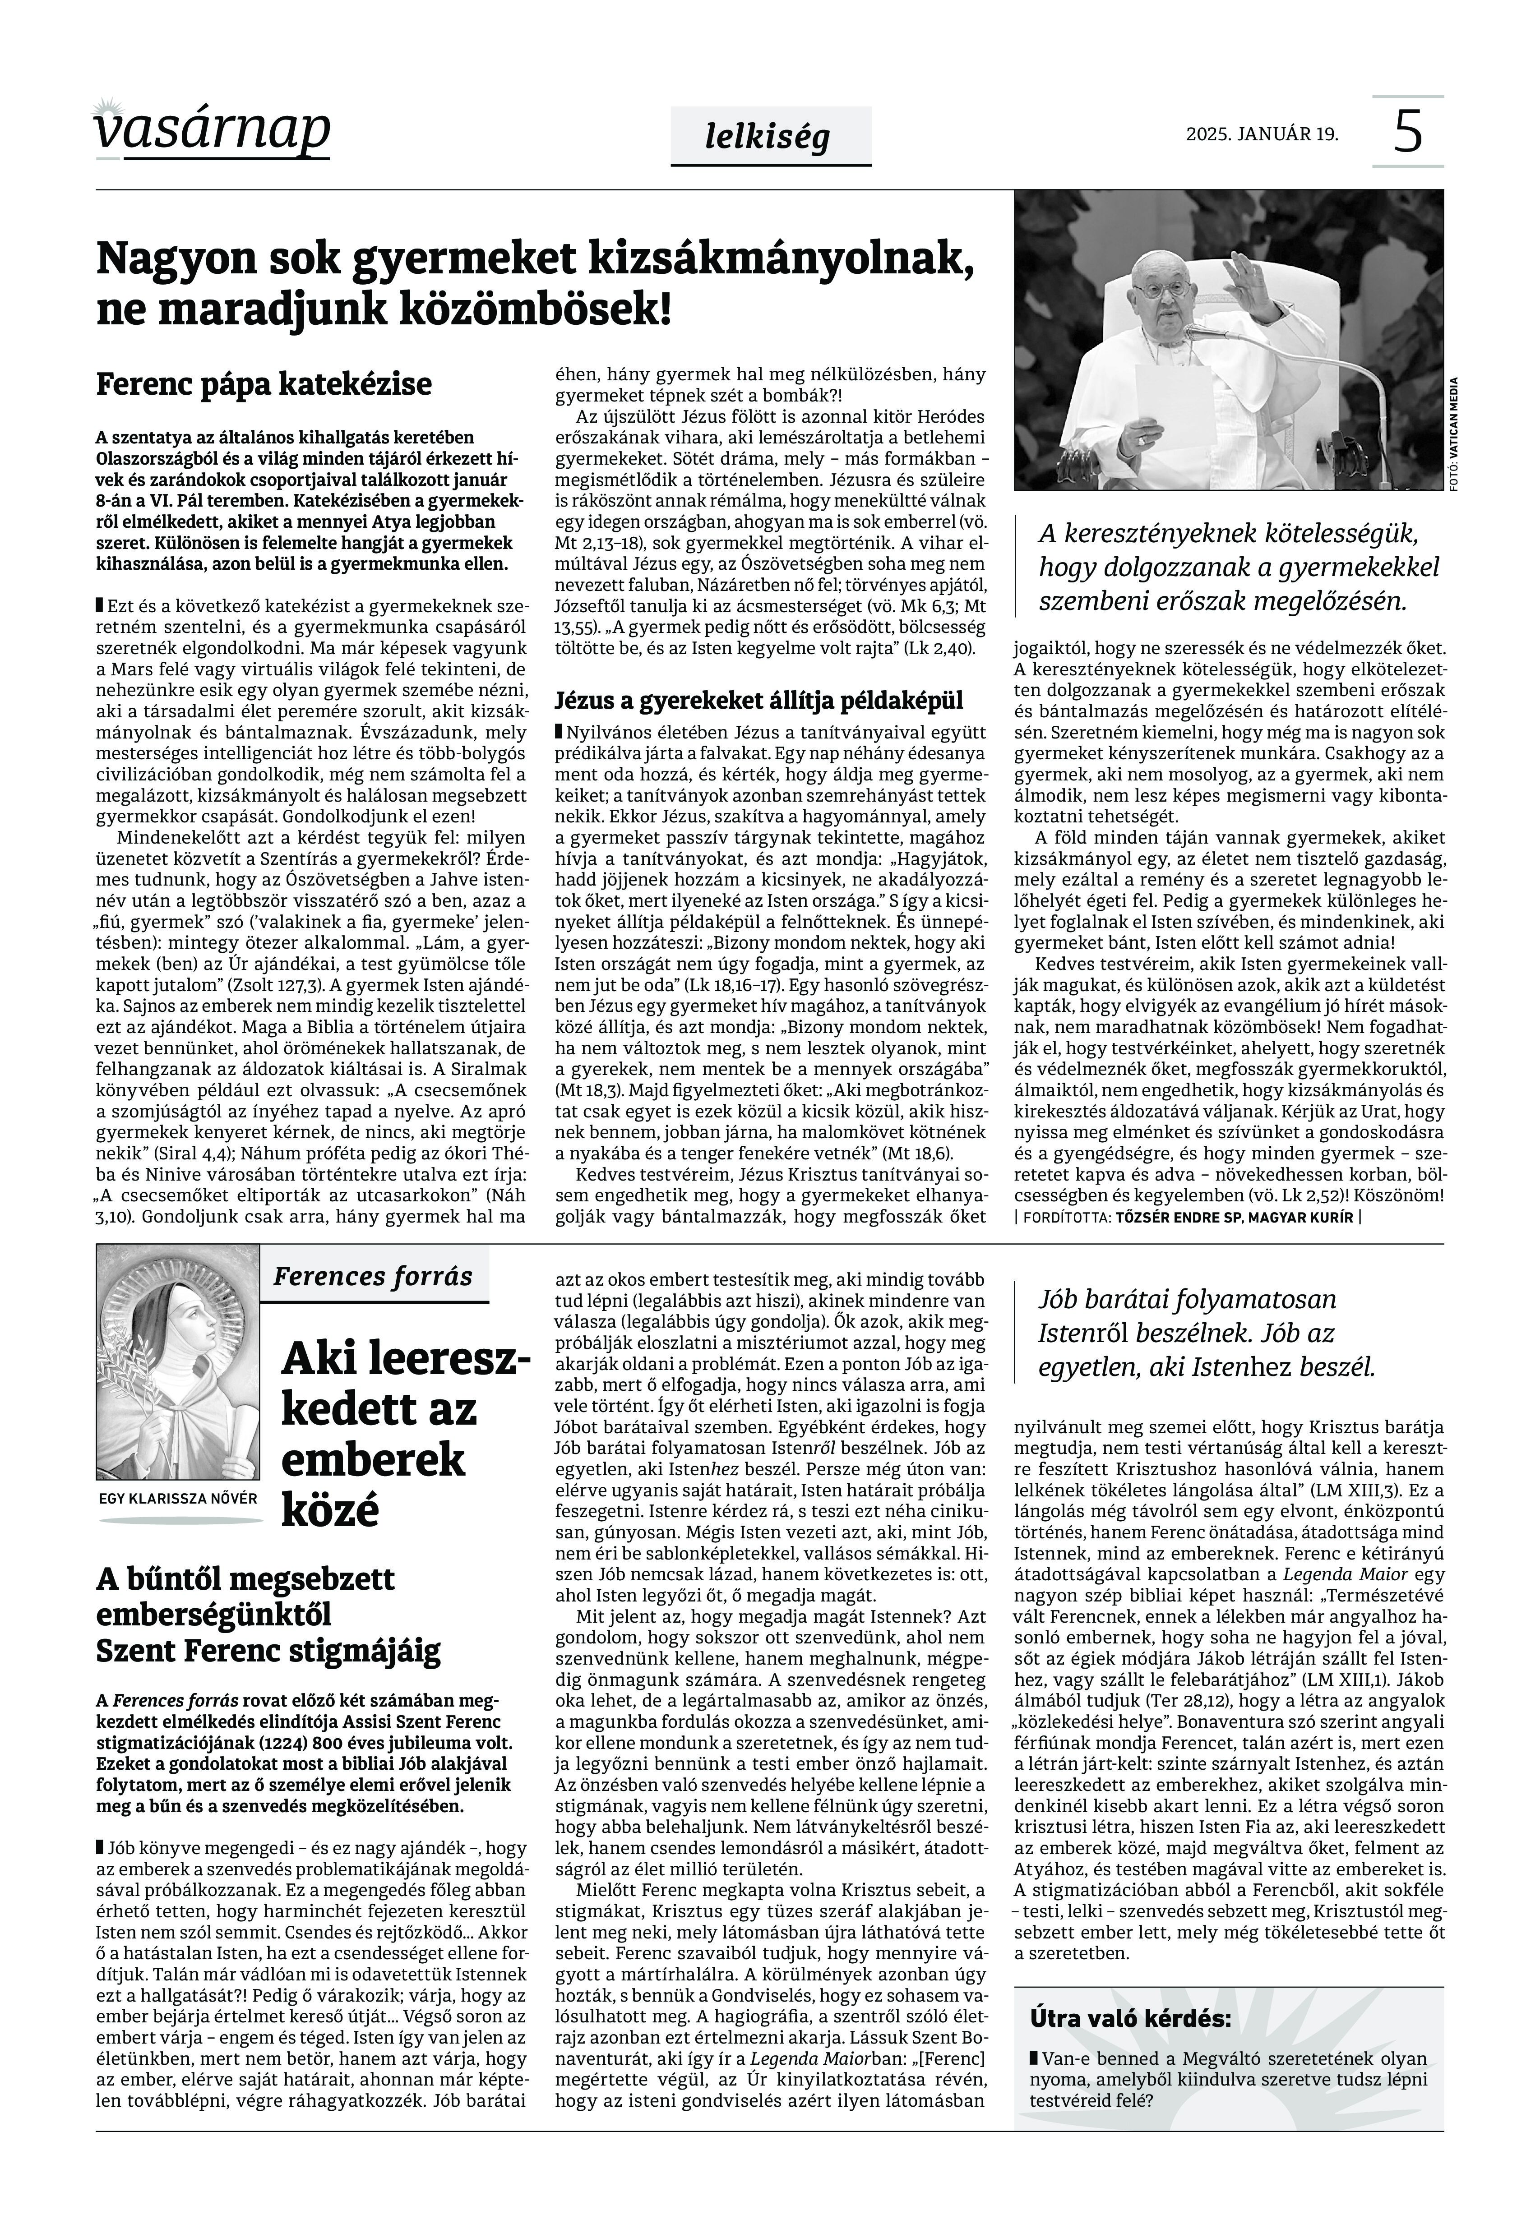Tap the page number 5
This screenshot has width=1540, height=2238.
click(1408, 131)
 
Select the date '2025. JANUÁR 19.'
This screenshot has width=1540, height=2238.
click(1262, 134)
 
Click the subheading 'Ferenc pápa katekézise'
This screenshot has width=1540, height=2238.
click(264, 384)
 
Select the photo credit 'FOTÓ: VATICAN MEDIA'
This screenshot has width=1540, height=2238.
click(1452, 434)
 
